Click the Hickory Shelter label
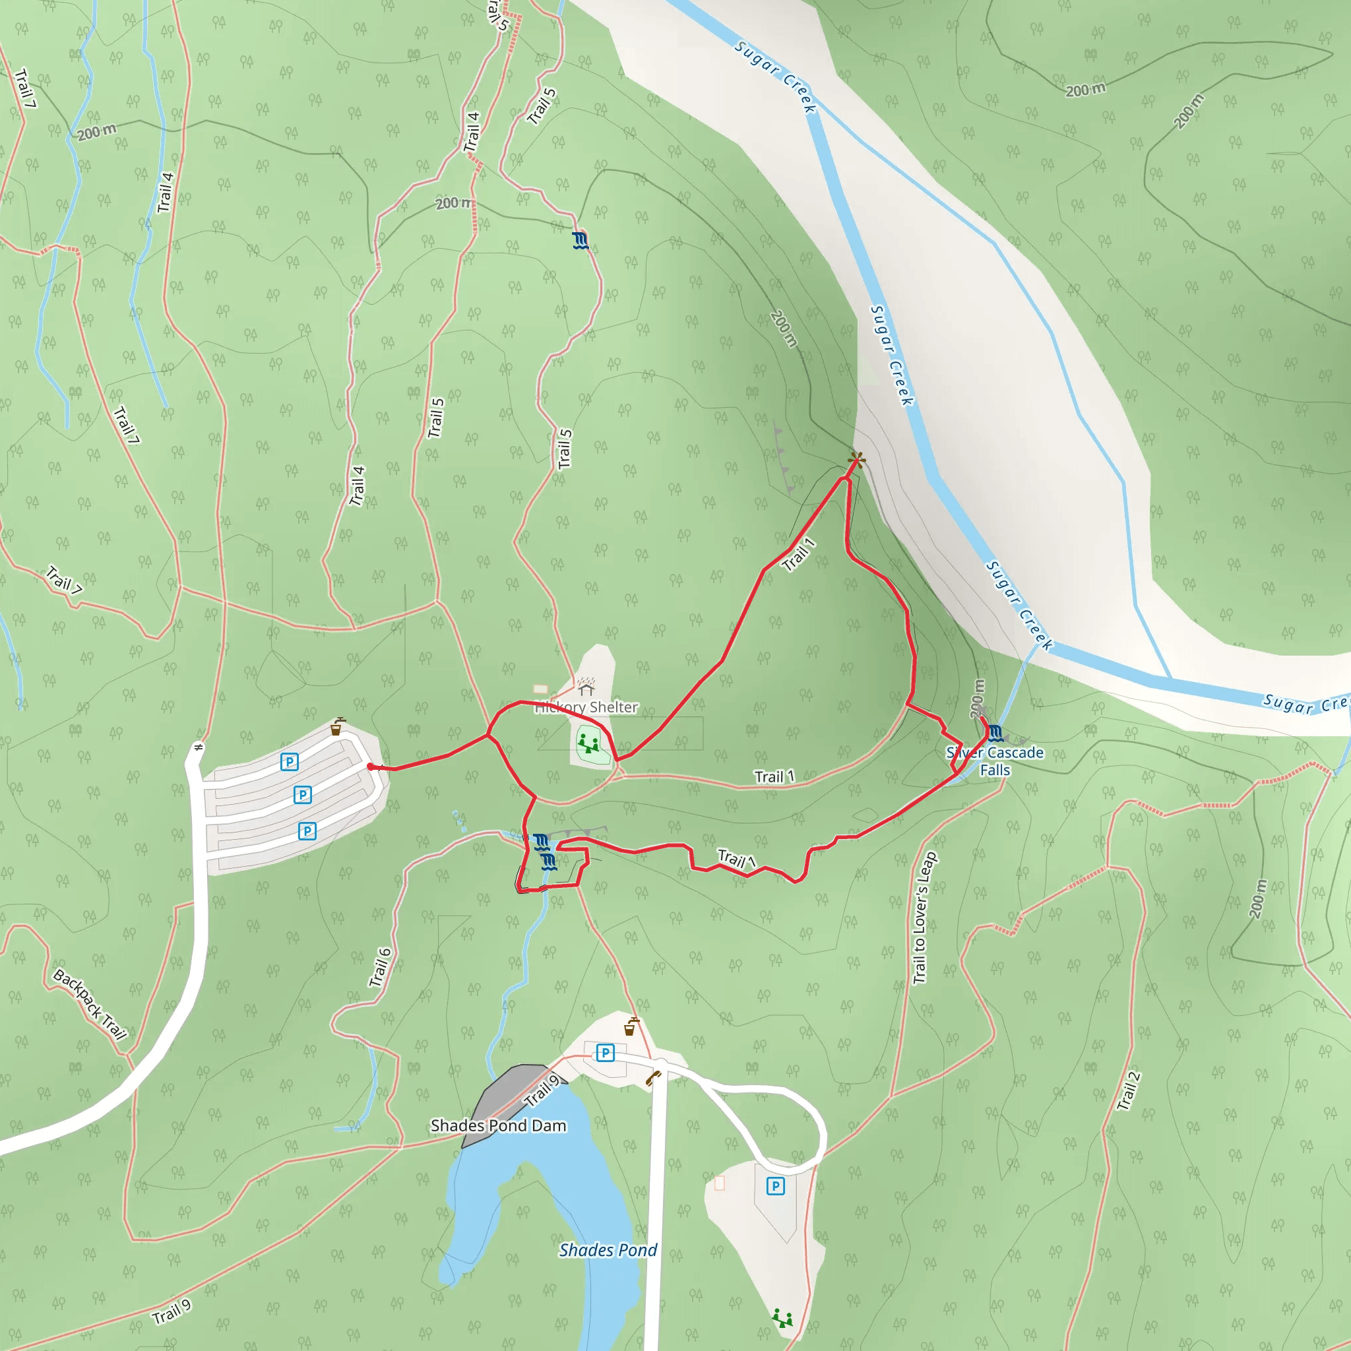coord(586,708)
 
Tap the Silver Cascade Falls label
coord(994,761)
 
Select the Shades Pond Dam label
coord(498,1126)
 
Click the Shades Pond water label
coord(608,1250)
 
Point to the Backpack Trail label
coord(90,1005)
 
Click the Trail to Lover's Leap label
coord(924,918)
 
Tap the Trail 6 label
coord(381,968)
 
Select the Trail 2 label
coord(1128,1091)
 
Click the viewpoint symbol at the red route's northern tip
coord(856,459)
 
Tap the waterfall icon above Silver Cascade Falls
coord(995,734)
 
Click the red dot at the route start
coord(371,767)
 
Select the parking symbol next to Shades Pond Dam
coord(605,1053)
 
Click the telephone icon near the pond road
coord(653,1078)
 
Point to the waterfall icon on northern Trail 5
coord(580,241)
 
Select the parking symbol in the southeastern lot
coord(775,1186)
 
